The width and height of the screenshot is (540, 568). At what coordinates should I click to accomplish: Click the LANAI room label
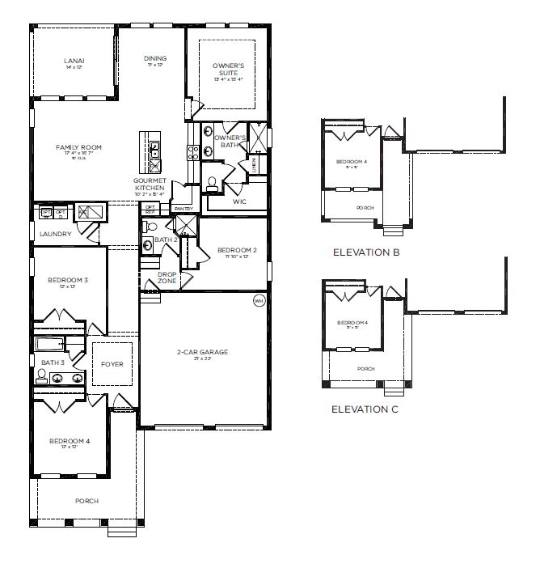tap(74, 61)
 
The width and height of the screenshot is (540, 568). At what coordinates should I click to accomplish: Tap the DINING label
tap(155, 58)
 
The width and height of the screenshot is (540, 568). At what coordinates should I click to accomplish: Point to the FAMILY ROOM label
tap(78, 147)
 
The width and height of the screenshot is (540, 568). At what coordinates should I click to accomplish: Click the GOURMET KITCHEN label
tap(150, 184)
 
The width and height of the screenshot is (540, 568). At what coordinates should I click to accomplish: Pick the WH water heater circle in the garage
tap(259, 301)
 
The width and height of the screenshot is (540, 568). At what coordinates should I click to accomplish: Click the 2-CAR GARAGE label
tap(203, 352)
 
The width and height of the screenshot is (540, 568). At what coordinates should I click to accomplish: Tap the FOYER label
tap(112, 364)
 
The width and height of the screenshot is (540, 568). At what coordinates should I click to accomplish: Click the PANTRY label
tap(183, 208)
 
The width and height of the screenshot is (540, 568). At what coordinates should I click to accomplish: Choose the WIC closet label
tap(238, 201)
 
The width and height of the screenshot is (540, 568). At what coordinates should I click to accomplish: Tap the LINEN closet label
tap(255, 164)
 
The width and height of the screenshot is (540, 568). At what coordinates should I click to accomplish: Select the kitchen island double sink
tap(154, 150)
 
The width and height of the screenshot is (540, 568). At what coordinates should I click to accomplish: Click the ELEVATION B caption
tap(366, 252)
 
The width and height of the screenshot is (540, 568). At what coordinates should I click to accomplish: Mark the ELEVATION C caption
tap(366, 409)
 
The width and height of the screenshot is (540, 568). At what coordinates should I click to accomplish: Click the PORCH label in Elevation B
tap(366, 208)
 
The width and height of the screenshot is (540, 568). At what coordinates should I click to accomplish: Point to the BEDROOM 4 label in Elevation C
tap(352, 323)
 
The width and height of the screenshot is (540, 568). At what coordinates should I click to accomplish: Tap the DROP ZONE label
tap(167, 277)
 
